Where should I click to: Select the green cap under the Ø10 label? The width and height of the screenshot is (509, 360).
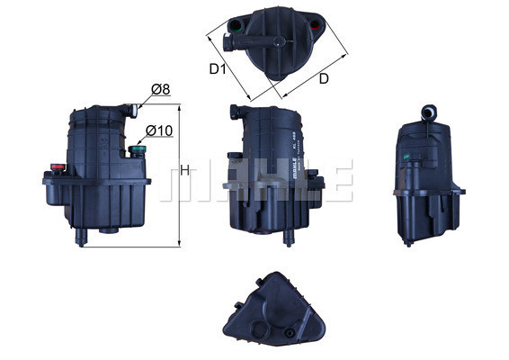pyautogui.click(x=138, y=150)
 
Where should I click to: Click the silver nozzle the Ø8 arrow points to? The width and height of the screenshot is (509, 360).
pyautogui.click(x=133, y=111)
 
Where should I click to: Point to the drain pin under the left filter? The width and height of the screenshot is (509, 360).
pyautogui.click(x=84, y=235)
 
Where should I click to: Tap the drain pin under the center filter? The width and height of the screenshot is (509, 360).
pyautogui.click(x=290, y=236)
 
